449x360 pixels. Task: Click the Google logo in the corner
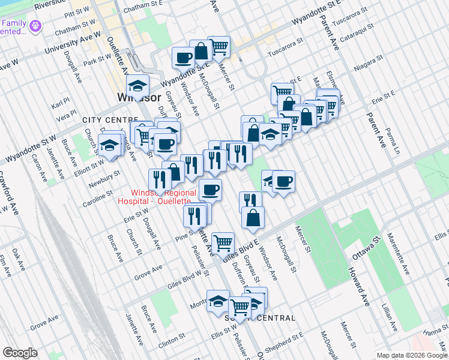(x=20, y=353)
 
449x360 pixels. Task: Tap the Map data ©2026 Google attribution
(x=411, y=355)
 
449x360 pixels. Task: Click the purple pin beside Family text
(x=35, y=26)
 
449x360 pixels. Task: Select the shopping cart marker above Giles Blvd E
(x=223, y=243)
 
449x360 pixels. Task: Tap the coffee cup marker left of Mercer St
(x=184, y=58)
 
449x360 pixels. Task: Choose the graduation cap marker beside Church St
(x=110, y=145)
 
